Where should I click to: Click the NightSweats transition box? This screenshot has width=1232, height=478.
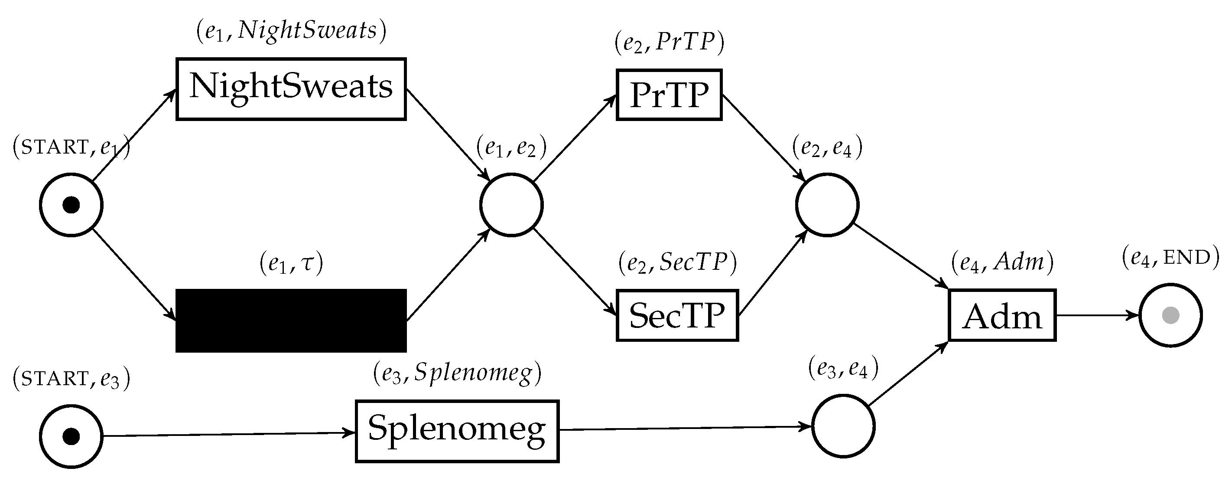(291, 89)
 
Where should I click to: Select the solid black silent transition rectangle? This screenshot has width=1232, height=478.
(291, 320)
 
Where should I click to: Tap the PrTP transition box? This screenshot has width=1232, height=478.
(669, 95)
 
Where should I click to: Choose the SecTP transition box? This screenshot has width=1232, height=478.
(677, 315)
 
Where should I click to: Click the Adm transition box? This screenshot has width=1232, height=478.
(1002, 315)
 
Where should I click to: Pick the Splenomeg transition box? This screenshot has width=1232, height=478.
(457, 431)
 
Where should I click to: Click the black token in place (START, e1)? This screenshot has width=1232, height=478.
(71, 205)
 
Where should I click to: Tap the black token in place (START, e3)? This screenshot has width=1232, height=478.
(71, 436)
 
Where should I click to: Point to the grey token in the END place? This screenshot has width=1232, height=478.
(1170, 315)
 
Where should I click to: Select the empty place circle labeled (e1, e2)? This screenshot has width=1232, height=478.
(511, 205)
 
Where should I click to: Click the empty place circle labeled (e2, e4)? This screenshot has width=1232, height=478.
(827, 205)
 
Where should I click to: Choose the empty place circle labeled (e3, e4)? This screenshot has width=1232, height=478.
(843, 426)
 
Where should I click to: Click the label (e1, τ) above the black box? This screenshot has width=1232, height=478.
(291, 263)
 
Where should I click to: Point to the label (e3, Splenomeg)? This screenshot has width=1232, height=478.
(457, 373)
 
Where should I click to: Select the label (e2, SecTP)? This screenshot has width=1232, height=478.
(677, 263)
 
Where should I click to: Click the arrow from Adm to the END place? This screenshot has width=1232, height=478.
(1098, 315)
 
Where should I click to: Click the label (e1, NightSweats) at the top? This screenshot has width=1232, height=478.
(291, 31)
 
